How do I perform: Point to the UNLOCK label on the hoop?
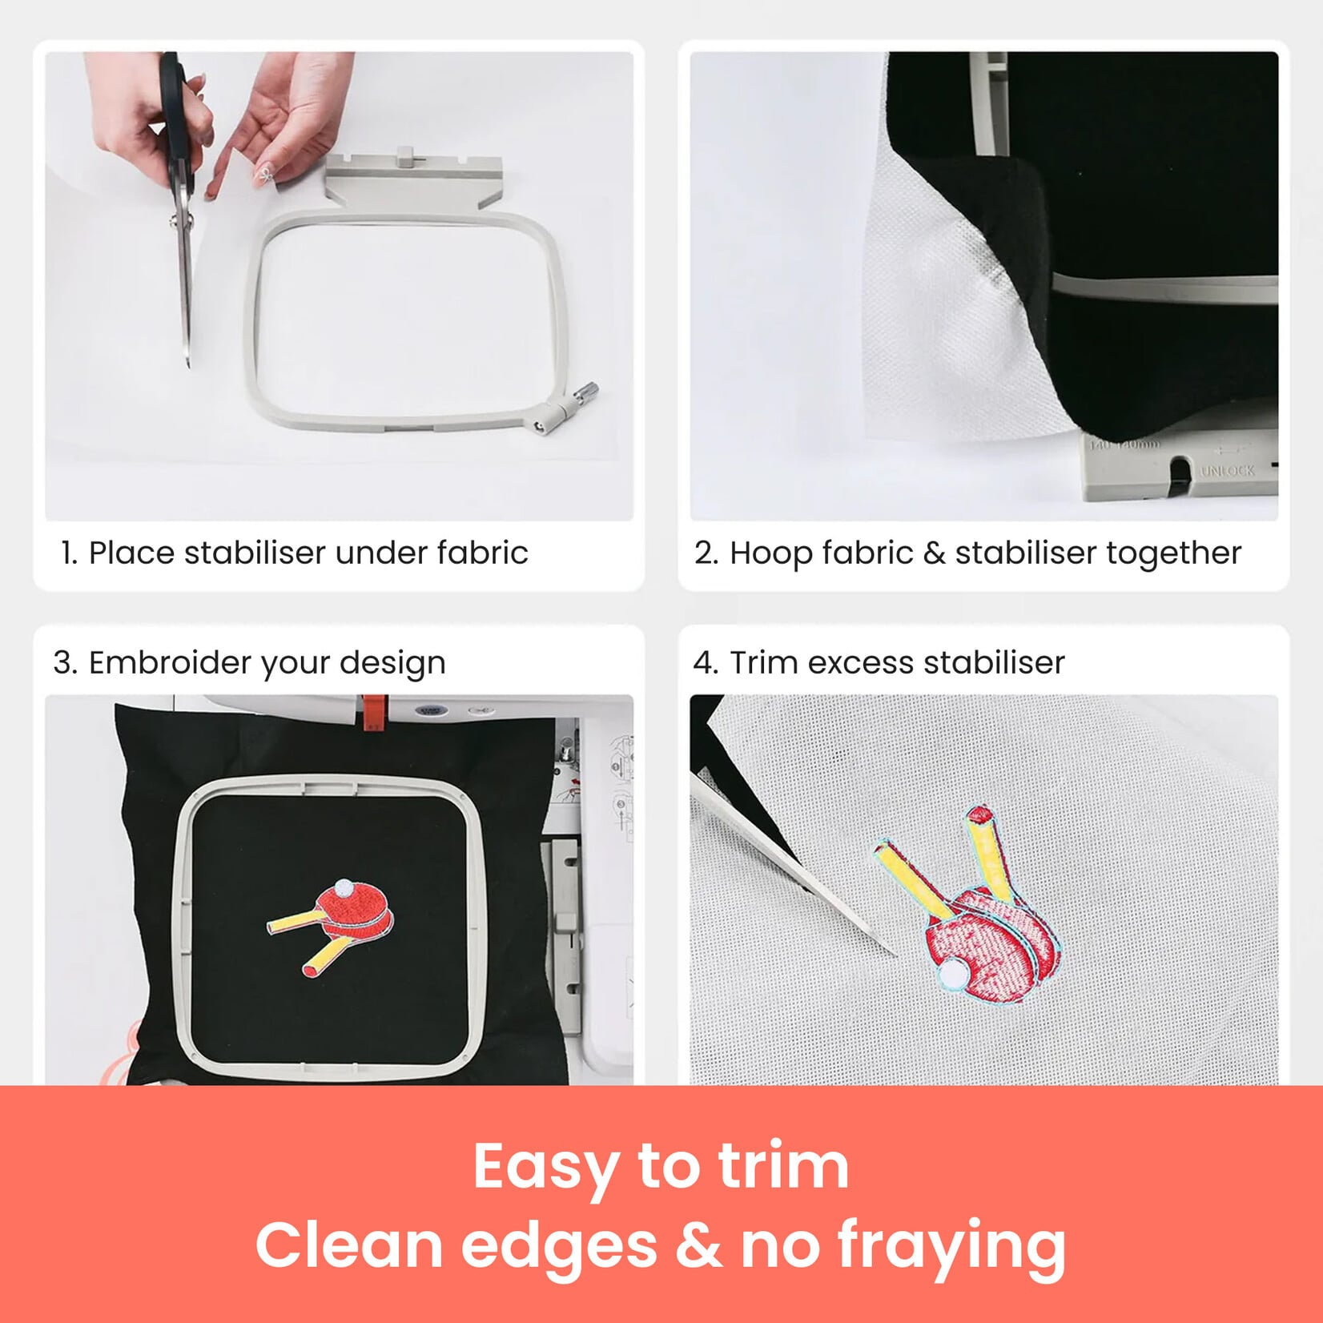[x=1227, y=471]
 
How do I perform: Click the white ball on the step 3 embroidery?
[x=344, y=887]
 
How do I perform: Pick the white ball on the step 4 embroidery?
[x=953, y=975]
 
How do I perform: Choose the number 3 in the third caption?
[x=62, y=663]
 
